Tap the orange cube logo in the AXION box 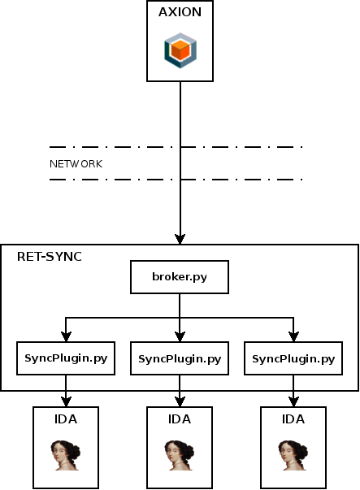[180, 50]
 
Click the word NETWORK [76, 163]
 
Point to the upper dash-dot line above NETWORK [176, 147]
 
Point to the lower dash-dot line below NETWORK [176, 179]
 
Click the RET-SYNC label [49, 257]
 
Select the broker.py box [180, 277]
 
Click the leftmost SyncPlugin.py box [66, 358]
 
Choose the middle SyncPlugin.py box [180, 358]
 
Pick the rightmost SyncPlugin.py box [293, 358]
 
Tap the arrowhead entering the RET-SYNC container [180, 239]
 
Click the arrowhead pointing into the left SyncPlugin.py [66, 336]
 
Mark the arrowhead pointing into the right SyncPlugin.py [293, 336]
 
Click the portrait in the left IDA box [66, 455]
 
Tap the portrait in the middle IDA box [180, 455]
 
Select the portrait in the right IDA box [293, 455]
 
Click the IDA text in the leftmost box [66, 419]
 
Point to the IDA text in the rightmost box [293, 419]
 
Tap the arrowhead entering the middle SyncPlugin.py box [180, 336]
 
